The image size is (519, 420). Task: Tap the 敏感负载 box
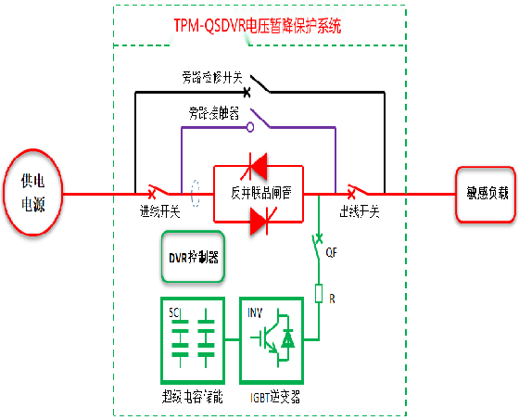point(485,195)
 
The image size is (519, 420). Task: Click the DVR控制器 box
point(192,256)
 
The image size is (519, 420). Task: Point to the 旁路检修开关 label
point(211,79)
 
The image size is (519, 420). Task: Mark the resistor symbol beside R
point(319,295)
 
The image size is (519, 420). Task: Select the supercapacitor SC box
point(192,340)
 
